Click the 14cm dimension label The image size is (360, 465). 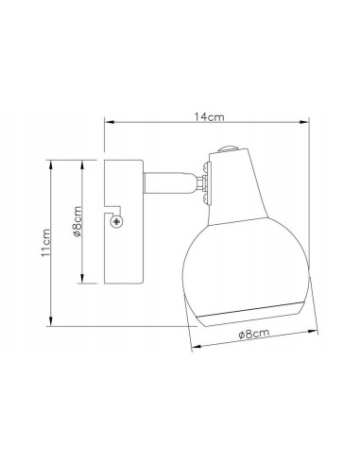tap(209, 117)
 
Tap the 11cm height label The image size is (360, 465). tap(45, 242)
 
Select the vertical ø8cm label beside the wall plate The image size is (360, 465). tap(77, 221)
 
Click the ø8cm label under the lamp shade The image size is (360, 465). tap(254, 334)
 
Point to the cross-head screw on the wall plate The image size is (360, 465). tap(116, 222)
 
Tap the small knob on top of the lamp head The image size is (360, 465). tap(228, 148)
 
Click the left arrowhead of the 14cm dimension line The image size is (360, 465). tap(109, 122)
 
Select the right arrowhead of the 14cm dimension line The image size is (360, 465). tap(304, 122)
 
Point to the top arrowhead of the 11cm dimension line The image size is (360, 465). tap(51, 164)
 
